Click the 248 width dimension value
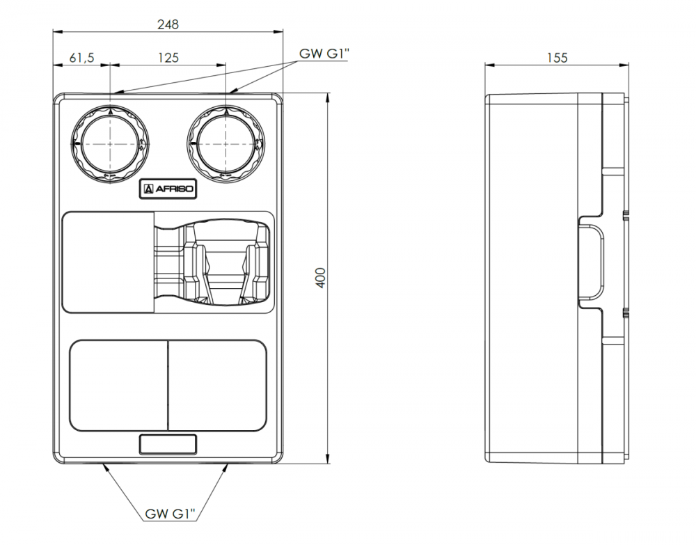pyautogui.click(x=168, y=24)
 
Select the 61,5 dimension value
pyautogui.click(x=82, y=58)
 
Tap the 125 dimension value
pyautogui.click(x=168, y=58)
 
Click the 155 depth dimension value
pyautogui.click(x=557, y=58)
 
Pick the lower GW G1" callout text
pyautogui.click(x=170, y=515)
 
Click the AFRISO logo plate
pyautogui.click(x=168, y=189)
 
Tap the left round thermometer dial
pyautogui.click(x=110, y=143)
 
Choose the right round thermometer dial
pyautogui.click(x=226, y=143)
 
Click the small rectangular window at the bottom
pyautogui.click(x=168, y=444)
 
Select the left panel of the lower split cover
pyautogui.click(x=119, y=385)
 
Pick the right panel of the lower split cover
pyautogui.click(x=218, y=385)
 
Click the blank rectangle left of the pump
pyautogui.click(x=108, y=262)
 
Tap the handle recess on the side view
pyautogui.click(x=592, y=262)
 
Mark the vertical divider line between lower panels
pyautogui.click(x=168, y=385)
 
